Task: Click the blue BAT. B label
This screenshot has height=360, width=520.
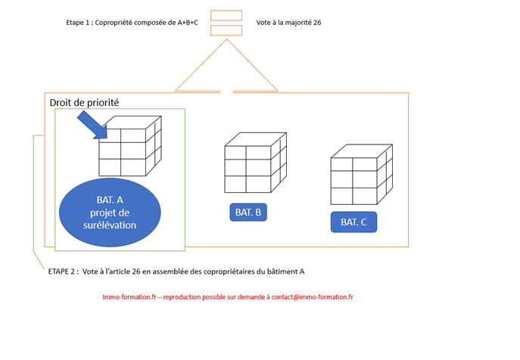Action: click(x=248, y=213)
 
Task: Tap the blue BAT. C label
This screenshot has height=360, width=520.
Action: click(x=353, y=222)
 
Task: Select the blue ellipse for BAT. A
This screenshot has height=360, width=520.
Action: click(x=110, y=213)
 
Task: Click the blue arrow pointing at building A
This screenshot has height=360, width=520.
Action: click(x=92, y=125)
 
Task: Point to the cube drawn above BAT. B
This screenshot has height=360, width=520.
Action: click(x=256, y=163)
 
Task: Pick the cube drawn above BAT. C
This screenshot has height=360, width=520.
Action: click(x=362, y=175)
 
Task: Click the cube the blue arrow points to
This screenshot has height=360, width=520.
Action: click(x=130, y=146)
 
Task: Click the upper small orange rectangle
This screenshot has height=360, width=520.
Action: click(x=226, y=16)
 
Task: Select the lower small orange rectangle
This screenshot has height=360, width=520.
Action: click(x=226, y=30)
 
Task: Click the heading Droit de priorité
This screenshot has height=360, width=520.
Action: click(x=84, y=103)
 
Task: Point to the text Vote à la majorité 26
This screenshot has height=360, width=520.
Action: click(x=288, y=23)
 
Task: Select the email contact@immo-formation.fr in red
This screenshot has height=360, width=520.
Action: click(x=312, y=297)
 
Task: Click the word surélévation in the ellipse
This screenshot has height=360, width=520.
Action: click(x=110, y=225)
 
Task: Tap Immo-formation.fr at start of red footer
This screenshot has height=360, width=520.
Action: click(x=129, y=297)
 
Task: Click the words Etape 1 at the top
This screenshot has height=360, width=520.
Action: click(x=78, y=23)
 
